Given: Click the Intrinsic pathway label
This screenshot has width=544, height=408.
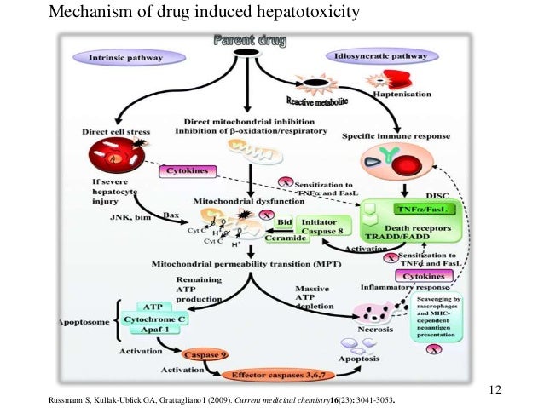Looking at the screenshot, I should pos(129,58).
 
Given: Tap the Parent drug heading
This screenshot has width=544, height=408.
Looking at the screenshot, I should pos(248,40).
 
